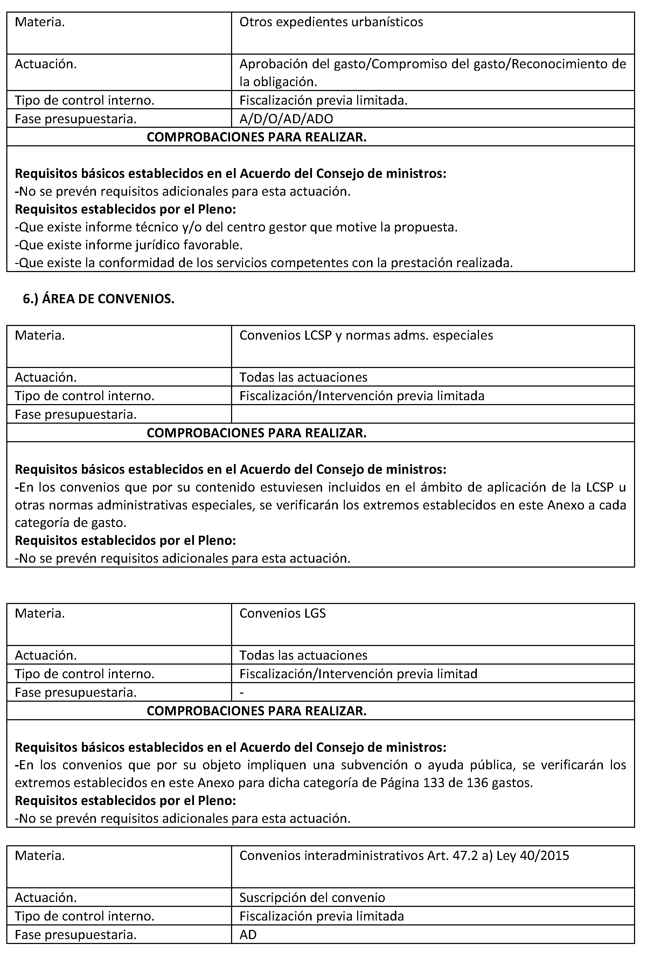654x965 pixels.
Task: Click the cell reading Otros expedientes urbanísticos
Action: [x=331, y=22]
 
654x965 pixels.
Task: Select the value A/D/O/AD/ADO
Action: [x=286, y=119]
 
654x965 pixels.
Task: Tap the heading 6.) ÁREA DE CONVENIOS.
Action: [x=98, y=299]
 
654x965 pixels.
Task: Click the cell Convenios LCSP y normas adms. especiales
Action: [x=366, y=335]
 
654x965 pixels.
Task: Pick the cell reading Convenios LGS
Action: [x=283, y=613]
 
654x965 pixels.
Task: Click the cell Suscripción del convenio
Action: [x=312, y=898]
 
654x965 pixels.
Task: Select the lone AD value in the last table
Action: [x=248, y=935]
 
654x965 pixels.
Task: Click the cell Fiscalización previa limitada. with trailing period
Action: [x=323, y=100]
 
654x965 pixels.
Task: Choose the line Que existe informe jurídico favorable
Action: [x=129, y=245]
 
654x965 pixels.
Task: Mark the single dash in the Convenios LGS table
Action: [x=242, y=692]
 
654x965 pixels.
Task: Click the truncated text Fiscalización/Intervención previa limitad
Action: [x=358, y=674]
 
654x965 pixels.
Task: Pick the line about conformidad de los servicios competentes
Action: [x=264, y=263]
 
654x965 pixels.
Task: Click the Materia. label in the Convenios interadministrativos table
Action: [x=40, y=856]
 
